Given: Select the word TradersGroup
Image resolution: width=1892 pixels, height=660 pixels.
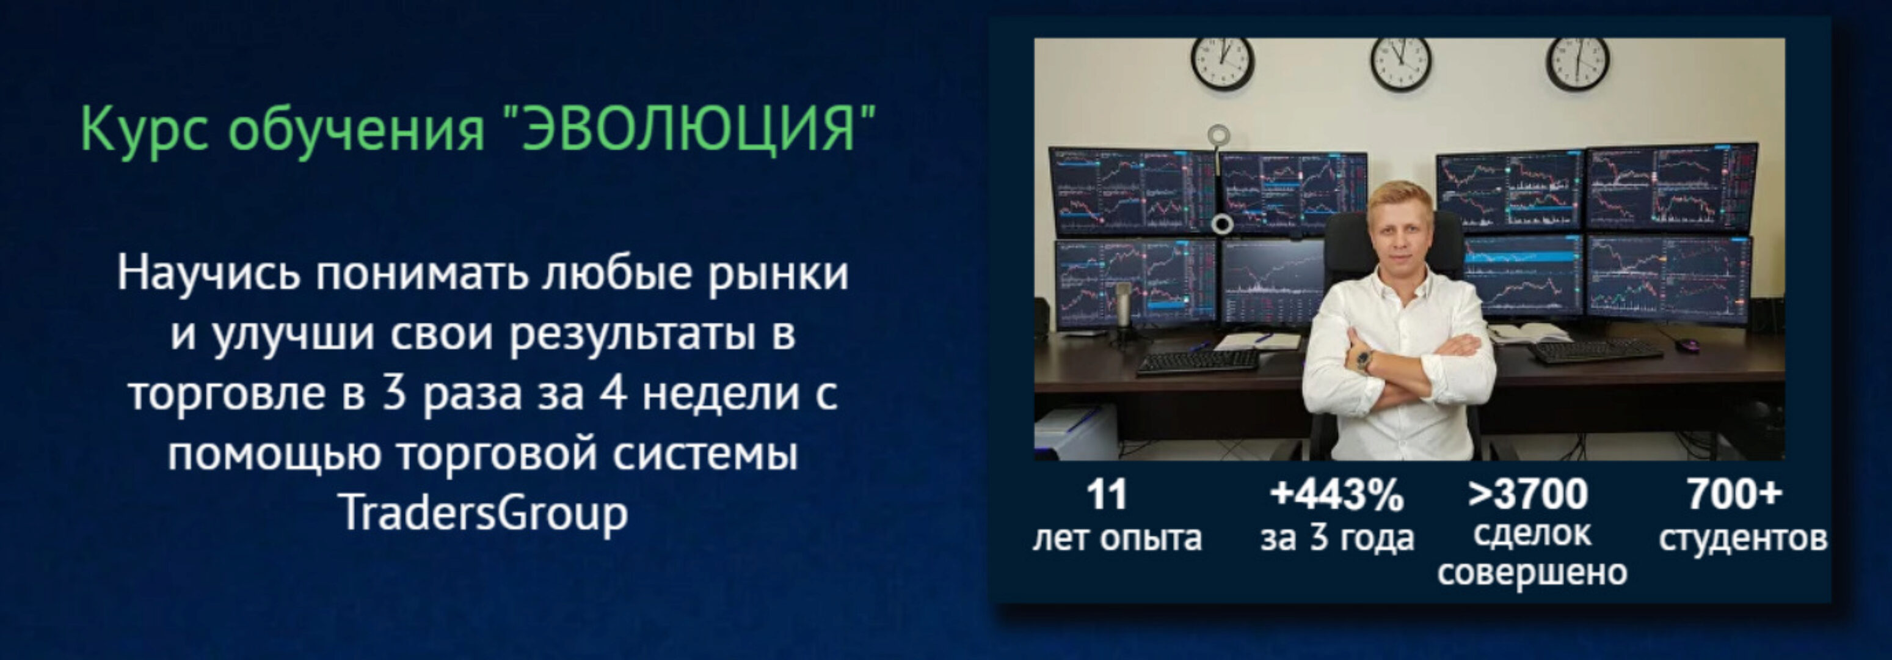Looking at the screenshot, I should [484, 512].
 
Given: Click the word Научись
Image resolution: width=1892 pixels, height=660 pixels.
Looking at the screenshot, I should [209, 273].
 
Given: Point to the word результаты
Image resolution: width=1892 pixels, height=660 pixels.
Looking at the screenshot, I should [632, 333].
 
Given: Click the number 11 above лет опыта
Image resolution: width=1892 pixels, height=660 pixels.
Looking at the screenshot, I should [1106, 494].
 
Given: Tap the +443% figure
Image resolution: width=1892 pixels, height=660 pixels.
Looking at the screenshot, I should [1336, 494].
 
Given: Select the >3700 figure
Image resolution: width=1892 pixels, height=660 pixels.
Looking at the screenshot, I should [1527, 494].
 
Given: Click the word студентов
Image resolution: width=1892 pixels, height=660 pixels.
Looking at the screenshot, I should [1743, 538].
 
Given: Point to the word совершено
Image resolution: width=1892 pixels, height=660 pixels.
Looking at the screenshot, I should [1532, 573].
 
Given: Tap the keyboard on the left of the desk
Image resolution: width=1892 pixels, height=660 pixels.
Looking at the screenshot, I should [1197, 362].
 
